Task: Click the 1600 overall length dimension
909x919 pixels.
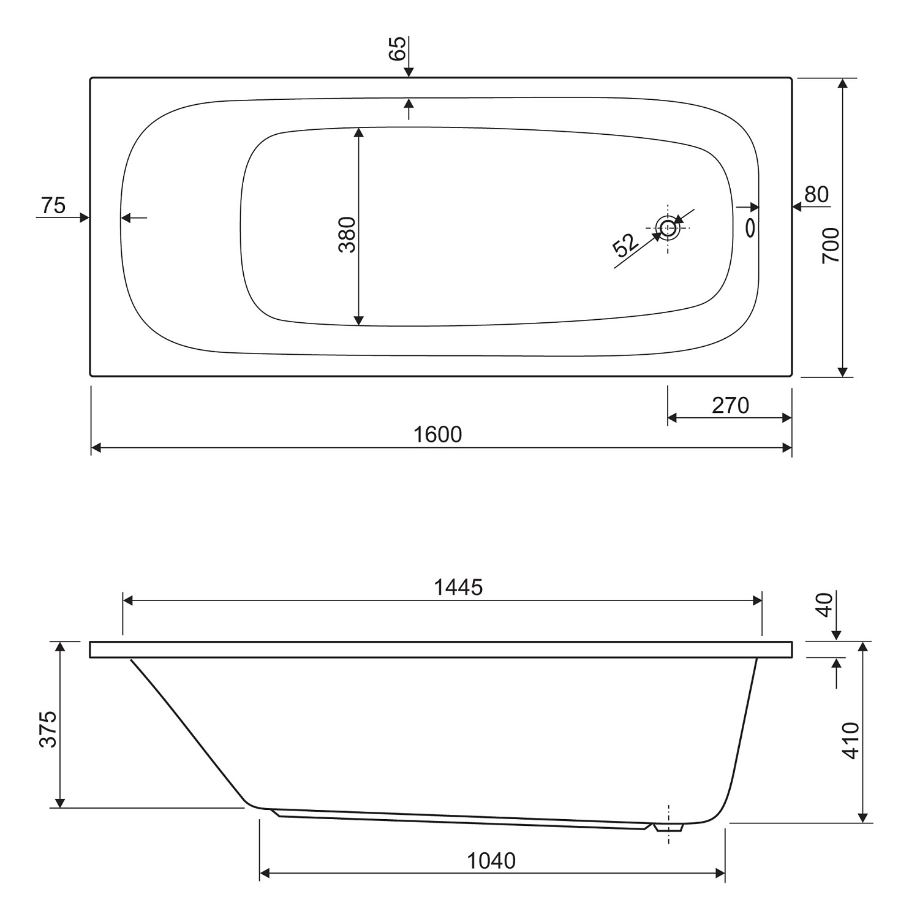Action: (437, 434)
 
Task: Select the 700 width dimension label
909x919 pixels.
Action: (831, 245)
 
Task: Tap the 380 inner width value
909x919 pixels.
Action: (347, 235)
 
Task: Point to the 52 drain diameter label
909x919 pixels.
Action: (625, 244)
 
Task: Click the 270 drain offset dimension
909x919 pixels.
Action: (730, 405)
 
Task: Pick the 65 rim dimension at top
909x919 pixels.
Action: (398, 48)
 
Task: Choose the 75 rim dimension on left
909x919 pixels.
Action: (53, 205)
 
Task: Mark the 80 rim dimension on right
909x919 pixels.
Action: (816, 194)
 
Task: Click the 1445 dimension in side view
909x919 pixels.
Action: (458, 588)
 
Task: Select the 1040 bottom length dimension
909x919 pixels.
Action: (491, 861)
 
